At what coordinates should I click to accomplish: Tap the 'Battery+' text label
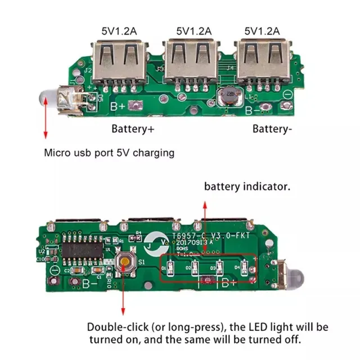coord(133,129)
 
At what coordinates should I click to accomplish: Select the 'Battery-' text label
coord(272,129)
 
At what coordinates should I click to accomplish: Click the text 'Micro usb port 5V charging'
coord(109,152)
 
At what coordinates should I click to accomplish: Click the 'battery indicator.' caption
coord(247,186)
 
